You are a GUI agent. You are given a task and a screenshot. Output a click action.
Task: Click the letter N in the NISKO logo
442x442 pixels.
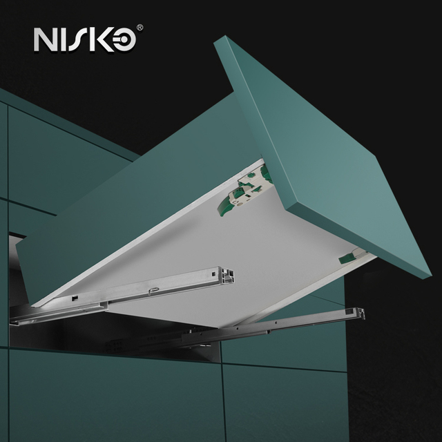point(44,39)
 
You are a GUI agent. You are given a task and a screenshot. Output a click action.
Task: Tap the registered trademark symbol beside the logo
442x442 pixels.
point(140,28)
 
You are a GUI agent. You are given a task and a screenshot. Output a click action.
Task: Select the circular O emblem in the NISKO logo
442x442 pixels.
point(123,40)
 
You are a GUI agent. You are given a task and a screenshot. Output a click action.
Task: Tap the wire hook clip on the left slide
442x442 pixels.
point(153,290)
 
